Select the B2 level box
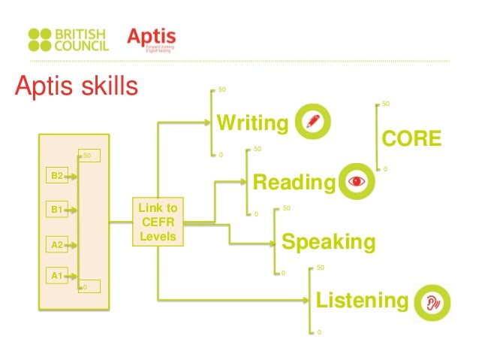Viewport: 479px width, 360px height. coord(56,176)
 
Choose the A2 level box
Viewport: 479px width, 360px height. coord(56,244)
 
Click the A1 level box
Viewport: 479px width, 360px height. coord(56,276)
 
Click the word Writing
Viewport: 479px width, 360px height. coord(252,123)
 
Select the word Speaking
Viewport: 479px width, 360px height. coord(327,242)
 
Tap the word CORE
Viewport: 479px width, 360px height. coord(412,139)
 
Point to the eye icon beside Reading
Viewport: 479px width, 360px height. coord(356,182)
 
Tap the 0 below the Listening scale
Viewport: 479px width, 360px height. coord(319,332)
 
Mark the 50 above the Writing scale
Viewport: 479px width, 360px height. coord(221,91)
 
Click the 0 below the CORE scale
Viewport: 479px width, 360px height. coord(385,170)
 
